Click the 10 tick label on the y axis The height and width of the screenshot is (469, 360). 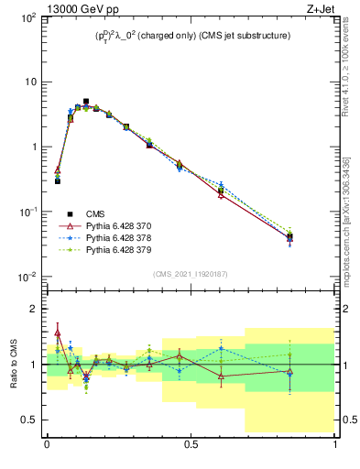tap(29, 82)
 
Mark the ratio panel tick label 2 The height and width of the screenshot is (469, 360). tap(34, 309)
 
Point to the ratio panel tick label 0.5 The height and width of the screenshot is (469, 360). tap(30, 420)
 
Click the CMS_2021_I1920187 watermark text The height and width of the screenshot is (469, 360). tap(191, 274)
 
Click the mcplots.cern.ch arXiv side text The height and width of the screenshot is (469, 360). tap(352, 202)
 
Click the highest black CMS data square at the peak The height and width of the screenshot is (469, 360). tap(86, 102)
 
